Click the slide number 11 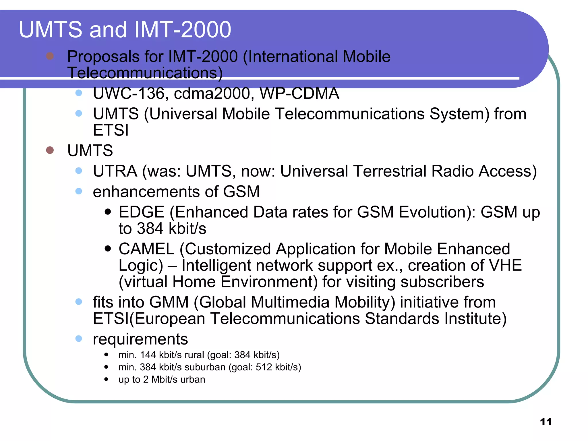pyautogui.click(x=546, y=422)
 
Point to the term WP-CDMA pyautogui.click(x=299, y=93)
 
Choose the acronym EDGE pyautogui.click(x=141, y=212)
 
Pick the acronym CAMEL pyautogui.click(x=146, y=249)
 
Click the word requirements pyautogui.click(x=140, y=339)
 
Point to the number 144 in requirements pyautogui.click(x=148, y=355)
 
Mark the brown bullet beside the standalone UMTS pyautogui.click(x=50, y=150)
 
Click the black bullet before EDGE pyautogui.click(x=108, y=212)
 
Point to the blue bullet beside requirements pyautogui.click(x=79, y=339)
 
